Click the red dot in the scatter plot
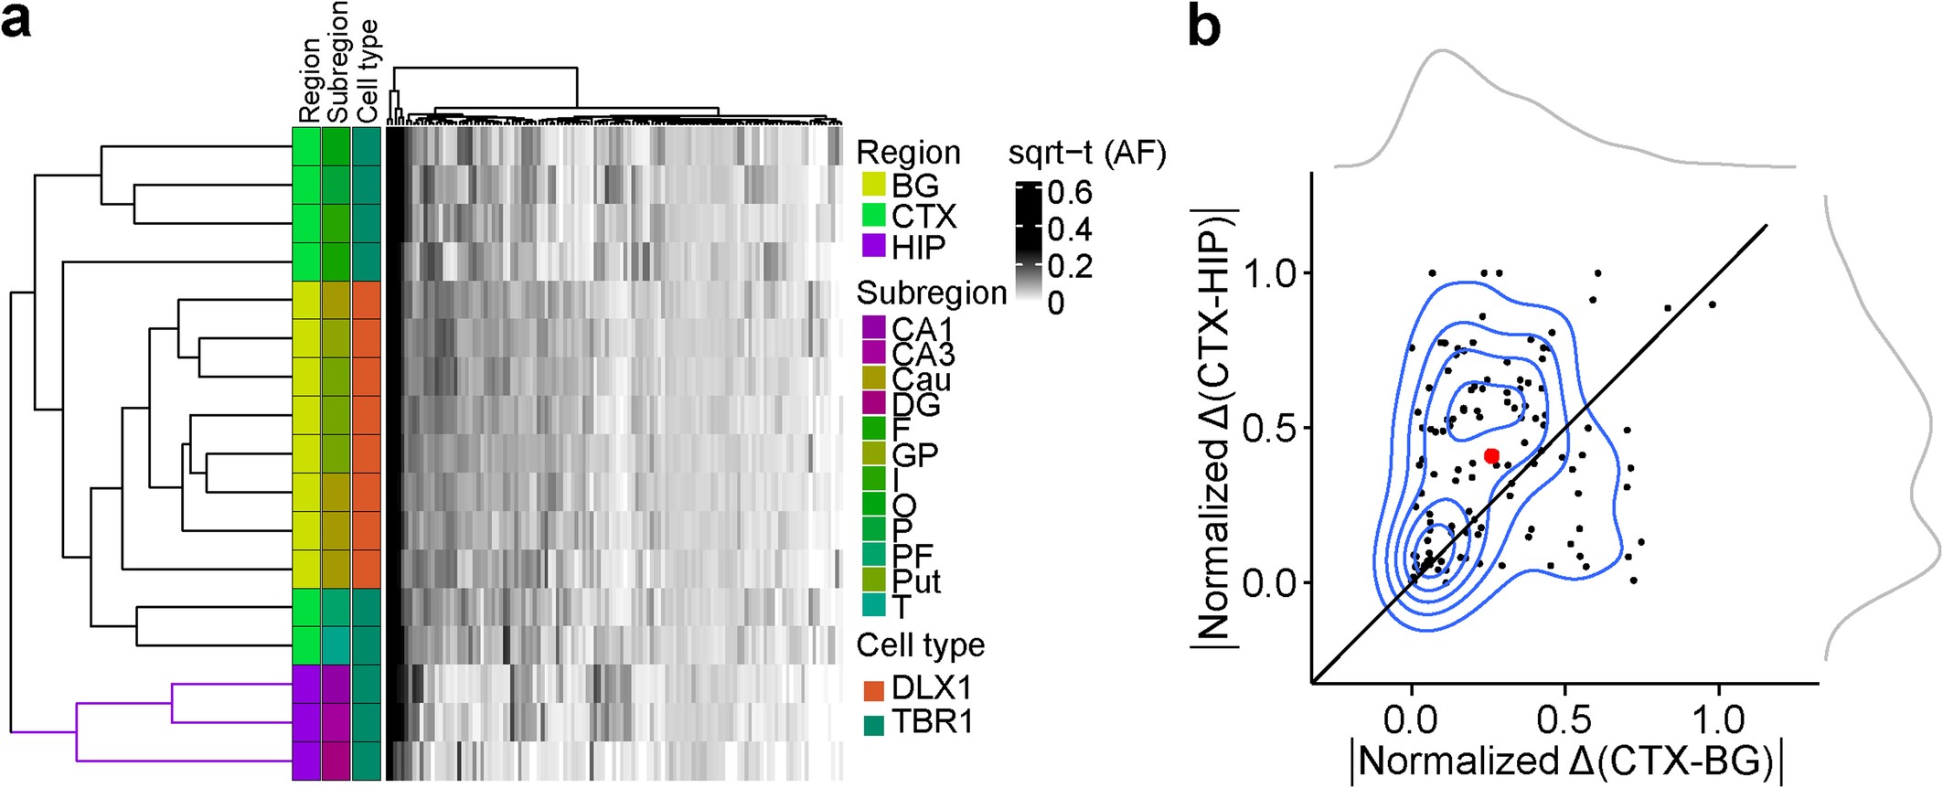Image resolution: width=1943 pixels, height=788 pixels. coord(1491,455)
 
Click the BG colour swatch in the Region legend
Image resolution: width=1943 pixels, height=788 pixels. coord(874,185)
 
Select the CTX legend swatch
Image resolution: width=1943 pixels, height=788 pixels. coord(874,216)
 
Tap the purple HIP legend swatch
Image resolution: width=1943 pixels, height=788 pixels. coord(874,247)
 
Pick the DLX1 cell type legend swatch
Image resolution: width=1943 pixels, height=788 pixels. coord(874,688)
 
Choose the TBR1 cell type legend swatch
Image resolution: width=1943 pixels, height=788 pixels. coord(874,724)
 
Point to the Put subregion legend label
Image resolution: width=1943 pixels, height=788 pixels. coord(916,581)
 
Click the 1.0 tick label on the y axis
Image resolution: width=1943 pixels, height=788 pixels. coord(1268,273)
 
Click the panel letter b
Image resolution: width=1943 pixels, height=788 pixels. coord(1204,30)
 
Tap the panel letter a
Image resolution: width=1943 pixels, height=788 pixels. coord(18,23)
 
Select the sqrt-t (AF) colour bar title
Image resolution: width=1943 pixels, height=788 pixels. coord(1087,154)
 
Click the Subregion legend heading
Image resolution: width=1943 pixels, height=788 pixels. coord(931,293)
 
